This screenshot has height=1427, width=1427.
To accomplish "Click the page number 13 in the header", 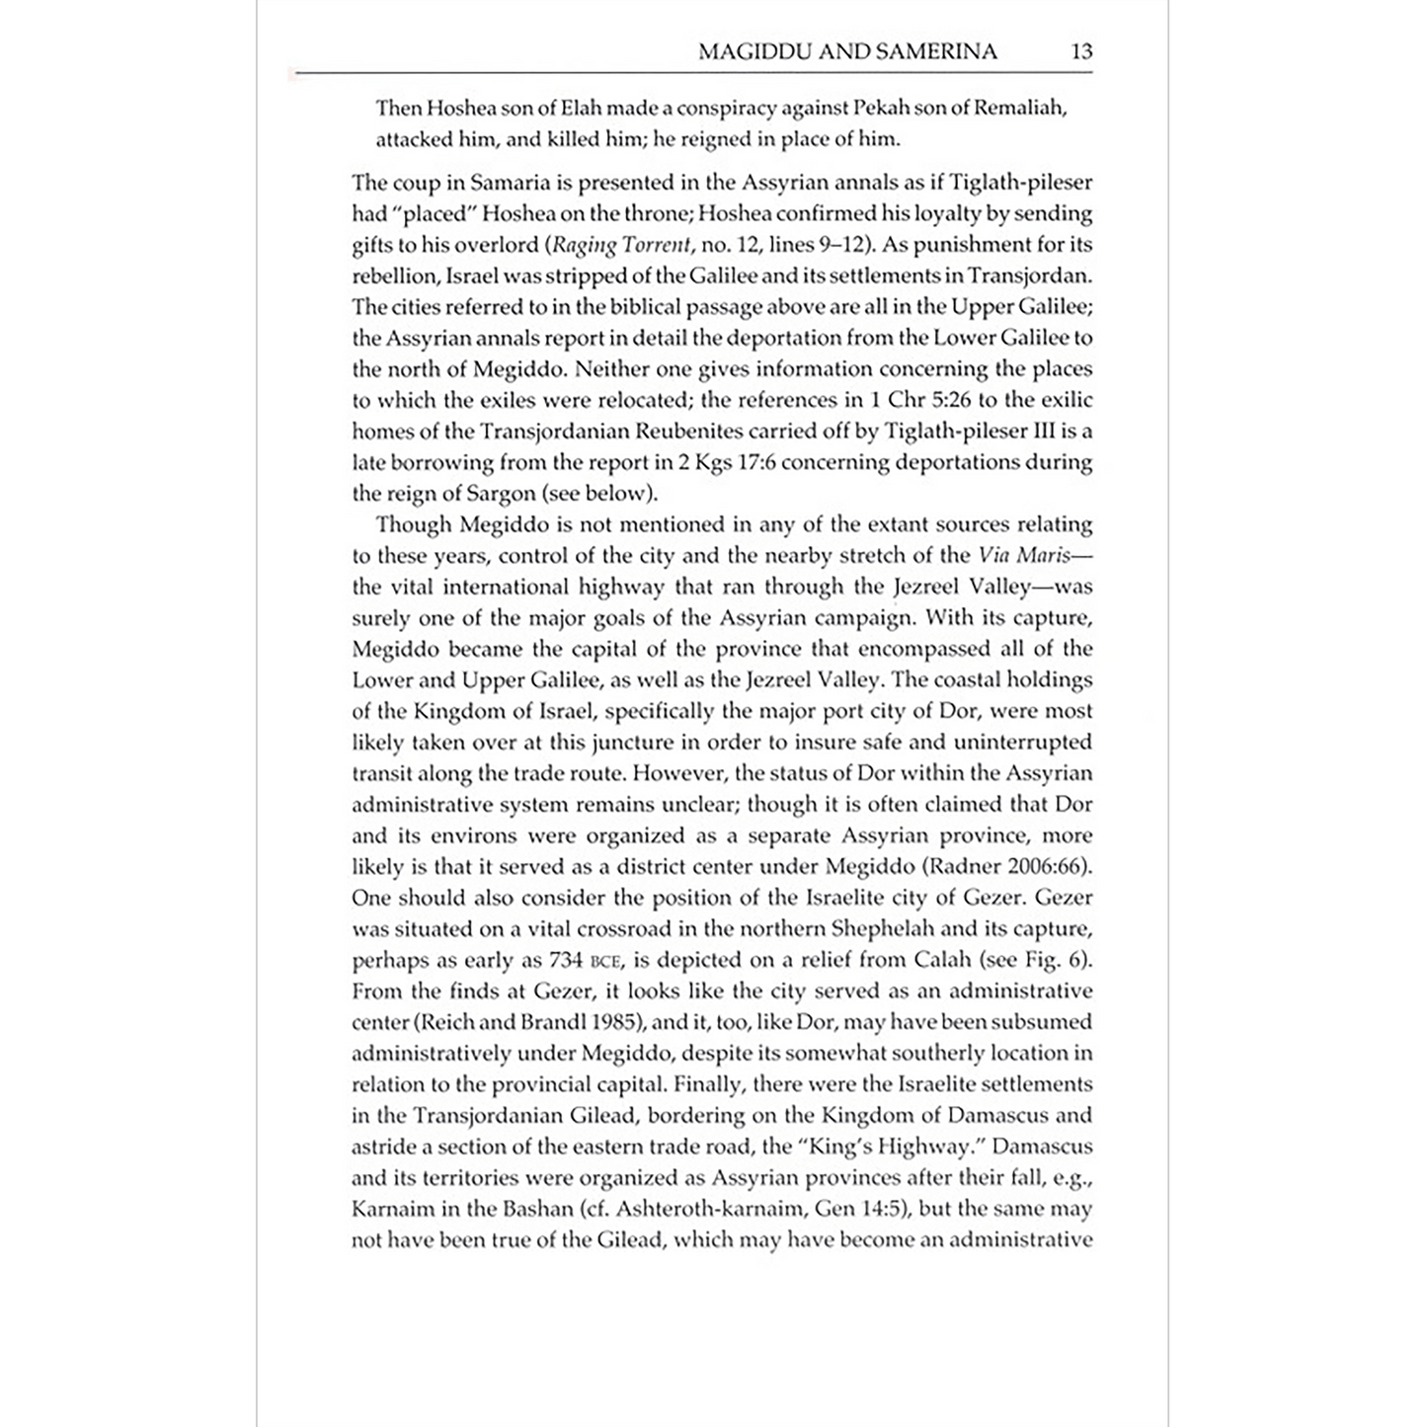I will tap(1081, 51).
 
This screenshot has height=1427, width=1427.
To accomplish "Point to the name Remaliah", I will tap(1019, 108).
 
